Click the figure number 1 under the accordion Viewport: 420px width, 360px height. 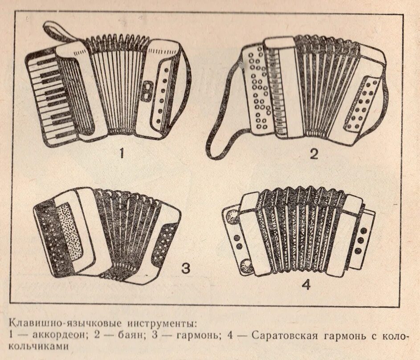121,154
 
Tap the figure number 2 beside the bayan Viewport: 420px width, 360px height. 314,154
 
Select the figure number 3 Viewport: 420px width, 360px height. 185,268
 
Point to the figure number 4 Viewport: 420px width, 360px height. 306,285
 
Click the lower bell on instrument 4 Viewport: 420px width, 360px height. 245,266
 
